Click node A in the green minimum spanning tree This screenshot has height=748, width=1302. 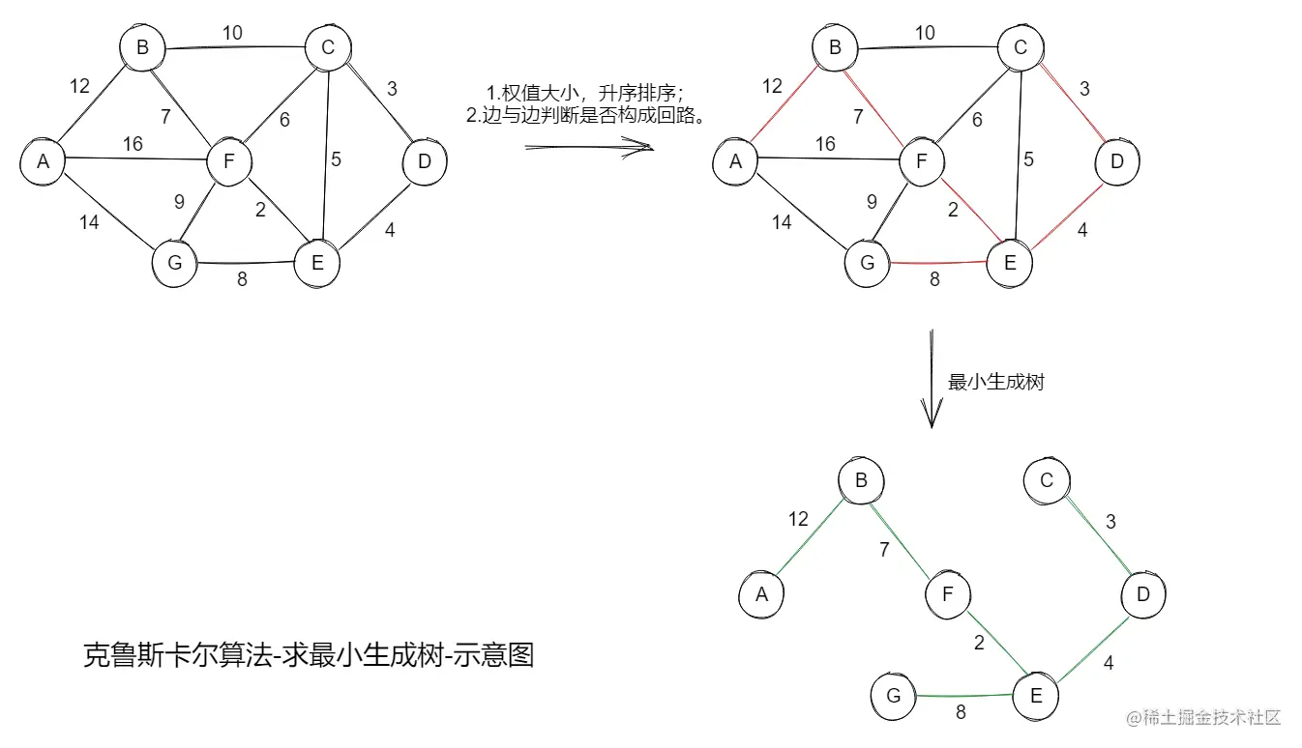click(762, 593)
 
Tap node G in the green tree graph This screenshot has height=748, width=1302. click(893, 696)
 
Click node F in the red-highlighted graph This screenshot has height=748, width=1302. click(923, 161)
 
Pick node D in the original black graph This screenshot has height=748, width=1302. click(424, 161)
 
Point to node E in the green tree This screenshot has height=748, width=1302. click(1036, 696)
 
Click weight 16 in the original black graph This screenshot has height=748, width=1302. click(133, 144)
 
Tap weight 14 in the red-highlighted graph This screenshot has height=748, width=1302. click(782, 222)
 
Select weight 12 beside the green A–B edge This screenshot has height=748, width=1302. click(798, 519)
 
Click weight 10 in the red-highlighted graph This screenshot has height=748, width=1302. click(925, 33)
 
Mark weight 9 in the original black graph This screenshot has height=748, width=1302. click(179, 202)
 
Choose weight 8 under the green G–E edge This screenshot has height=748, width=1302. click(961, 713)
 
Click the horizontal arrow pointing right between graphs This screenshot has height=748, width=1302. click(588, 147)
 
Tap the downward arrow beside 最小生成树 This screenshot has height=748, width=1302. click(931, 379)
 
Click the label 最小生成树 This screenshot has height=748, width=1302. click(996, 382)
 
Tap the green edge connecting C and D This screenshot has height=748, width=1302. click(1094, 536)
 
